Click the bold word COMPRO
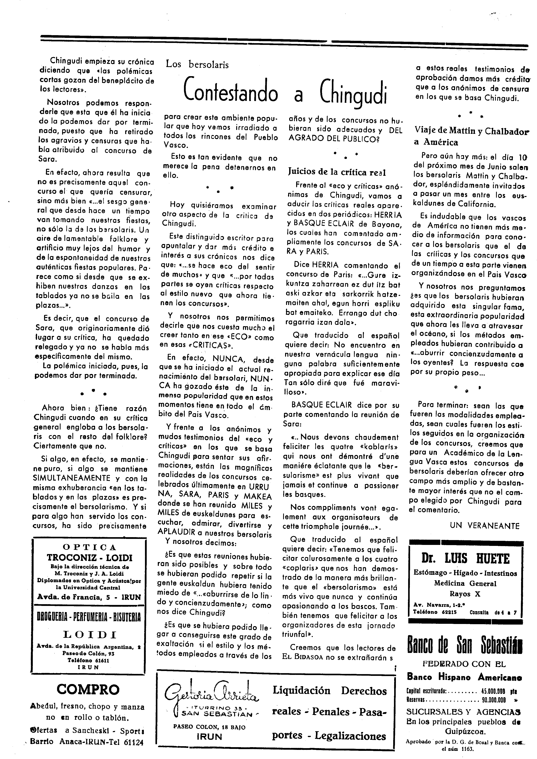(x=88, y=689)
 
